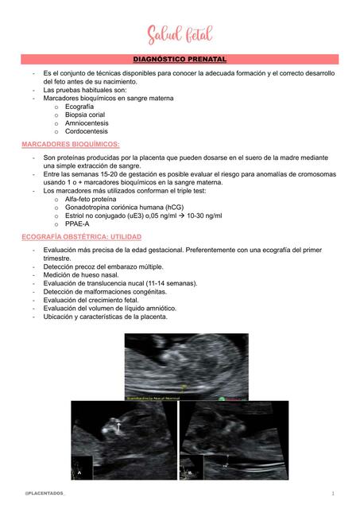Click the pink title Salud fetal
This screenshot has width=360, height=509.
(x=180, y=35)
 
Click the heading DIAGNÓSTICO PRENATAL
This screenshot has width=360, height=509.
(x=180, y=60)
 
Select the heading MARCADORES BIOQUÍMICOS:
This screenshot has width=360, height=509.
(x=71, y=144)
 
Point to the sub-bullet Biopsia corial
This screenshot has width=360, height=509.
(x=87, y=115)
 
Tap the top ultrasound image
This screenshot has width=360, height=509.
(x=186, y=365)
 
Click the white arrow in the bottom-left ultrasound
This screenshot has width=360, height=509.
(x=118, y=428)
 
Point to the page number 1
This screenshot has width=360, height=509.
(x=333, y=493)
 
